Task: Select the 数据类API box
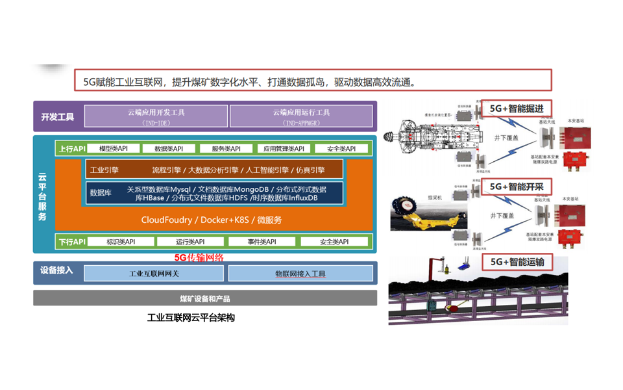(x=169, y=149)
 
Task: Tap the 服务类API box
(x=226, y=149)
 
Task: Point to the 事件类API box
(x=262, y=242)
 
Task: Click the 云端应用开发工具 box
(x=156, y=116)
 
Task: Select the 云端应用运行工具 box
(x=301, y=116)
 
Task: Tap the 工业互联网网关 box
(x=154, y=274)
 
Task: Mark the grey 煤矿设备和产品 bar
(x=205, y=298)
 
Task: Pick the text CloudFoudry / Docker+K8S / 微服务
(x=212, y=220)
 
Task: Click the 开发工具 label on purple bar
(x=58, y=117)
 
